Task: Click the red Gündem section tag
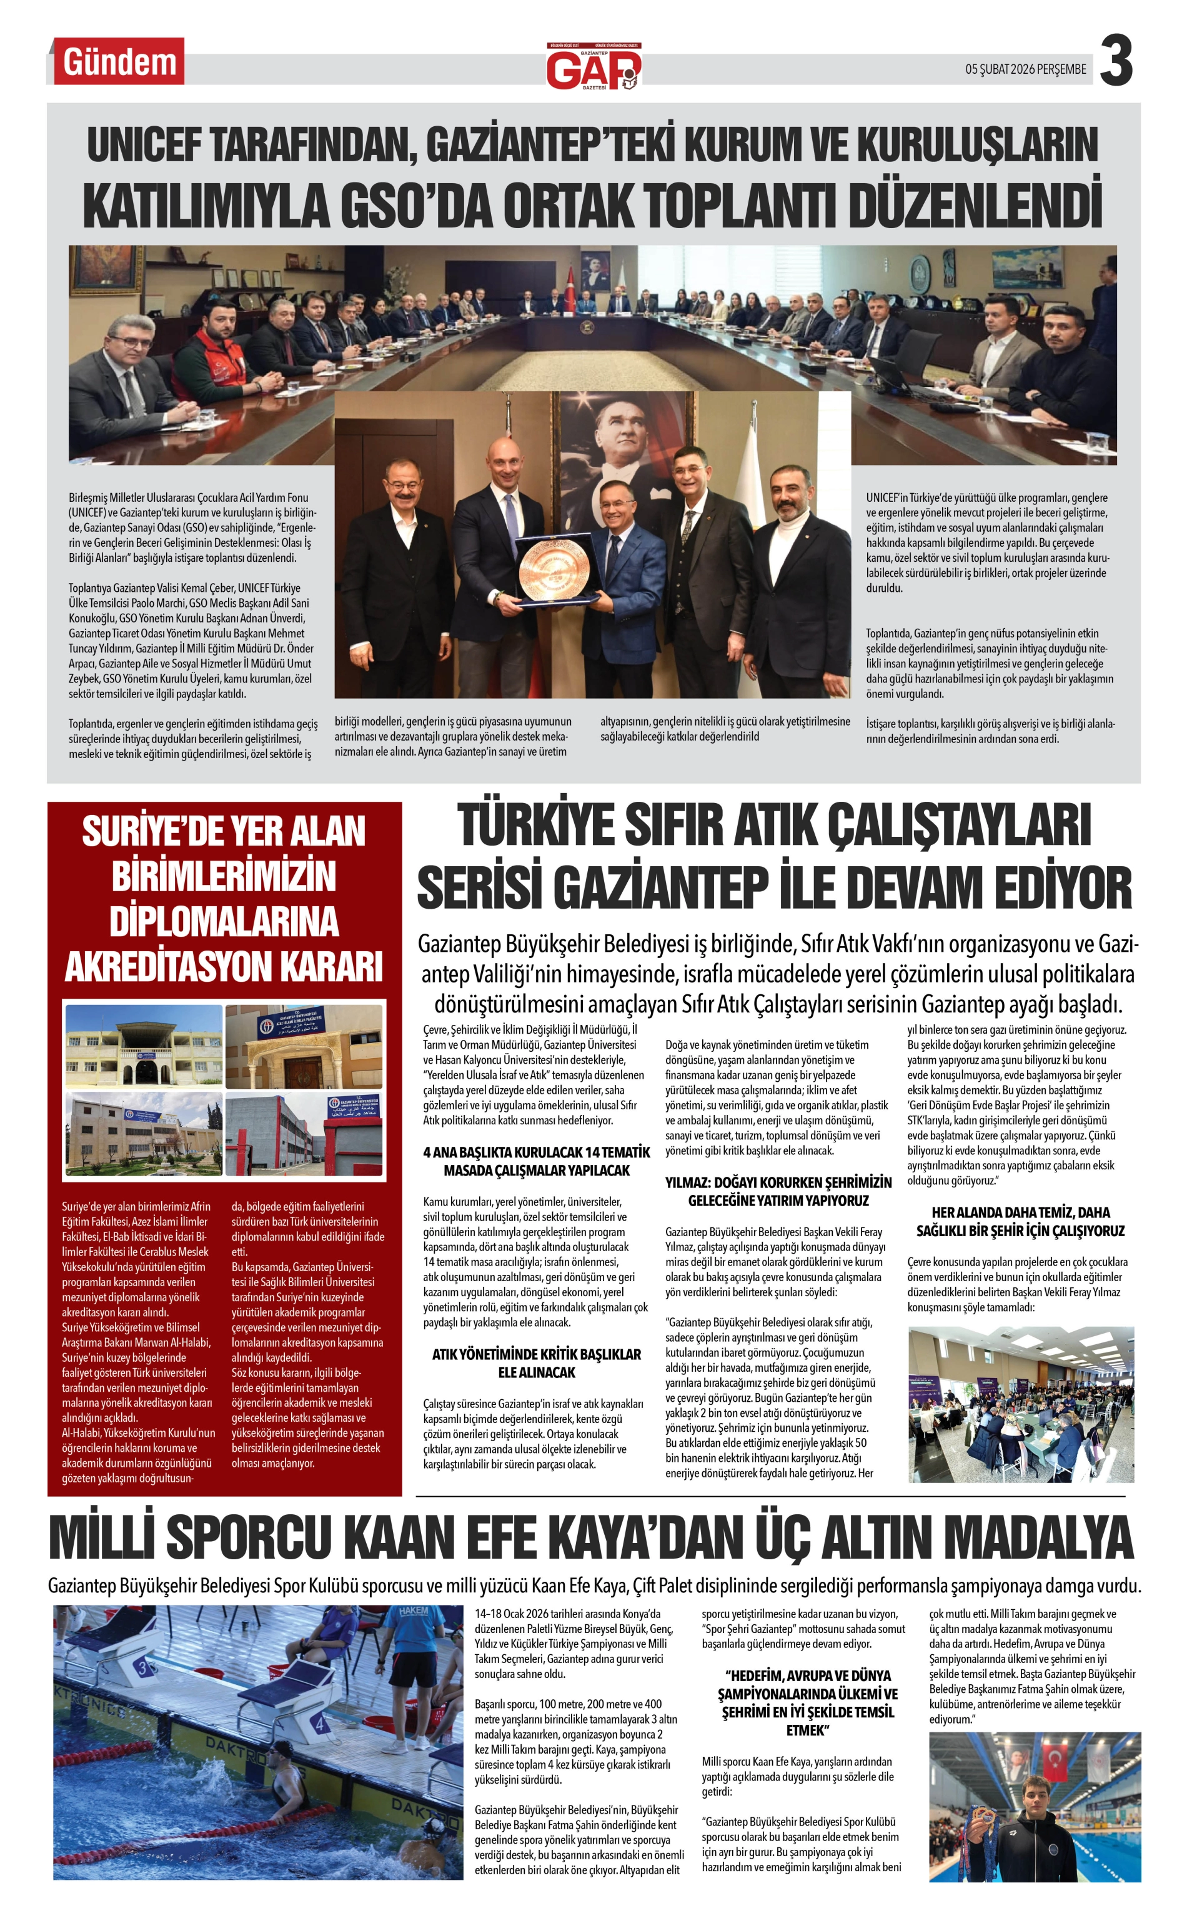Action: coord(119,61)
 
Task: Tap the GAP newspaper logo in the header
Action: coord(593,67)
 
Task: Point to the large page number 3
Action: coord(1116,62)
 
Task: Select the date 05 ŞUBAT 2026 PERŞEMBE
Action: coord(1025,69)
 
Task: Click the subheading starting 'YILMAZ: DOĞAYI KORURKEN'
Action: coord(778,1182)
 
